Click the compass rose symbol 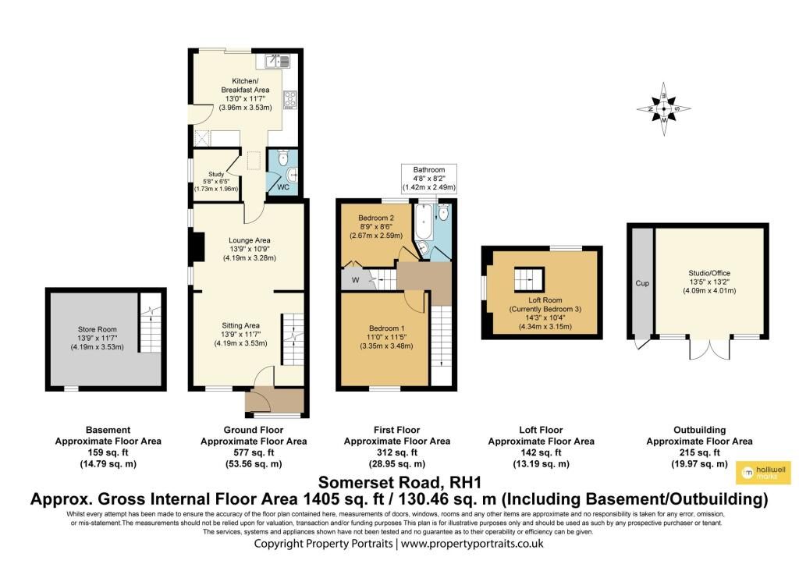click(x=664, y=109)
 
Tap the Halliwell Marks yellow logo click(x=763, y=473)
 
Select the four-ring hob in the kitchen click(x=290, y=99)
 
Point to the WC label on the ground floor click(x=283, y=187)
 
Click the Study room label click(x=216, y=174)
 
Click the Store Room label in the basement click(x=98, y=329)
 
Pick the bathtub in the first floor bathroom click(x=424, y=222)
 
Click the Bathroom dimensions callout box click(x=429, y=179)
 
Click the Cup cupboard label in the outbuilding click(x=642, y=283)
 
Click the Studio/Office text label click(x=709, y=273)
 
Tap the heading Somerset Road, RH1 click(x=399, y=482)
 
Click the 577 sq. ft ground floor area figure click(x=254, y=452)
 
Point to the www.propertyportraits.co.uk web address click(x=472, y=544)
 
